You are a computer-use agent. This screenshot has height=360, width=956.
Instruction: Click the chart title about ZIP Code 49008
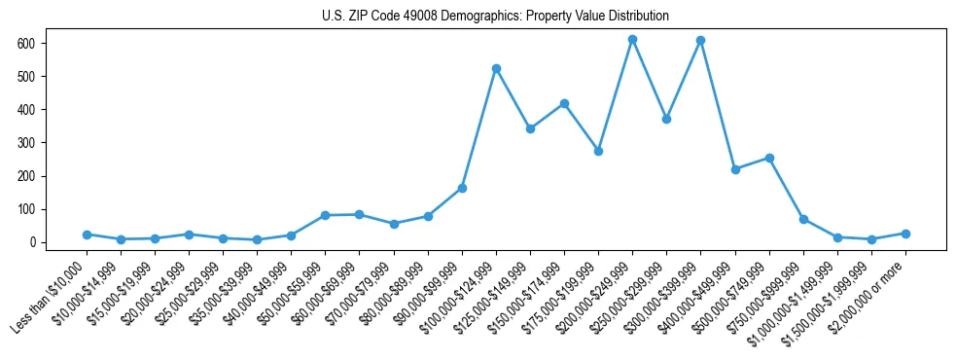tap(495, 17)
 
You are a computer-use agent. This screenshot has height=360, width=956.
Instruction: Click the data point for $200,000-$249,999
tap(632, 40)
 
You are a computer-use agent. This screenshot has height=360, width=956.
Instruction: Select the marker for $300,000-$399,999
tap(700, 41)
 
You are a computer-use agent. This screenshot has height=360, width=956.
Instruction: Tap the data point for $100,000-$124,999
tap(496, 69)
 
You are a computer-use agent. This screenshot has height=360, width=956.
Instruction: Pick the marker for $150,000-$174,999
tap(564, 104)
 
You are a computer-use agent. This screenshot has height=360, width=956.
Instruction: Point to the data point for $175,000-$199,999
tap(598, 152)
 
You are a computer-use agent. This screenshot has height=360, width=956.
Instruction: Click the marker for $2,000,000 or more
tap(905, 234)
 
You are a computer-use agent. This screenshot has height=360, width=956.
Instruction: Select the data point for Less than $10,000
tap(87, 234)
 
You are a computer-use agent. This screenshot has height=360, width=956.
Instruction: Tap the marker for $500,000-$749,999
tap(769, 158)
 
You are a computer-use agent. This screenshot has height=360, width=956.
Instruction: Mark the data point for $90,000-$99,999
tap(462, 188)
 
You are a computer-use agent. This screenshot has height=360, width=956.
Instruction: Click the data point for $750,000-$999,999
tap(803, 219)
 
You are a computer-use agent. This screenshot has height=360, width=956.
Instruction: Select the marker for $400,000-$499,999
tap(735, 169)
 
